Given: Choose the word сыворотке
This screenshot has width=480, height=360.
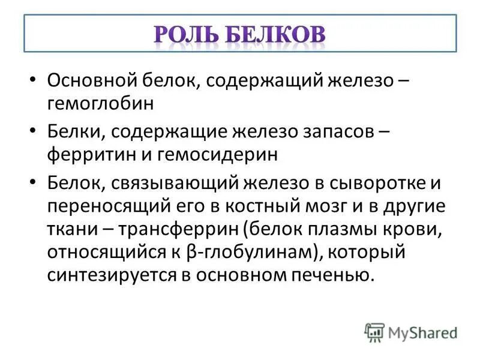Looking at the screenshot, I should [383, 181].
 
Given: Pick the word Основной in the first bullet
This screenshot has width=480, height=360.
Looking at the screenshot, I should [91, 80].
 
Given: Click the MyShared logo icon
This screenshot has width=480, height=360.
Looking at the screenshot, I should [374, 331].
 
